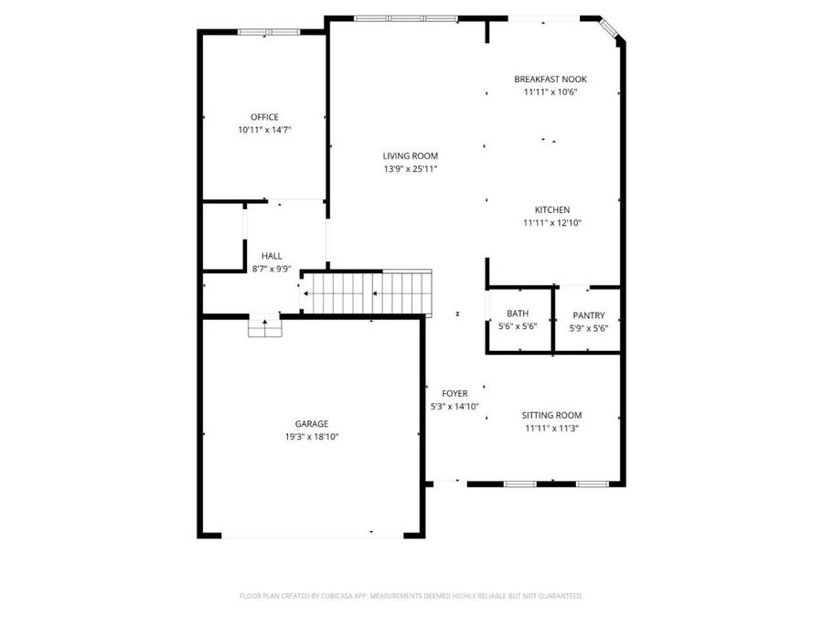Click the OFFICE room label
(264, 117)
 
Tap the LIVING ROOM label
(410, 155)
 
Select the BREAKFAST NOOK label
(550, 80)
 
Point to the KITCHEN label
(552, 210)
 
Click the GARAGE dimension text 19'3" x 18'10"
(312, 437)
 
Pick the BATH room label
(518, 314)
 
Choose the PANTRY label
(589, 315)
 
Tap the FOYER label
(454, 393)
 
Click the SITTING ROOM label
(551, 415)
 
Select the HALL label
(272, 256)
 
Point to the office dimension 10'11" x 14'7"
(264, 130)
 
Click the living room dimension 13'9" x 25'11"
(411, 169)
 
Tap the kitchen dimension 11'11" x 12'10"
(552, 222)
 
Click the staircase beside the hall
(366, 293)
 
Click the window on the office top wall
(269, 32)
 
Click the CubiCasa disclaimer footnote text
(411, 596)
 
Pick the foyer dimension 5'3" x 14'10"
(454, 406)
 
